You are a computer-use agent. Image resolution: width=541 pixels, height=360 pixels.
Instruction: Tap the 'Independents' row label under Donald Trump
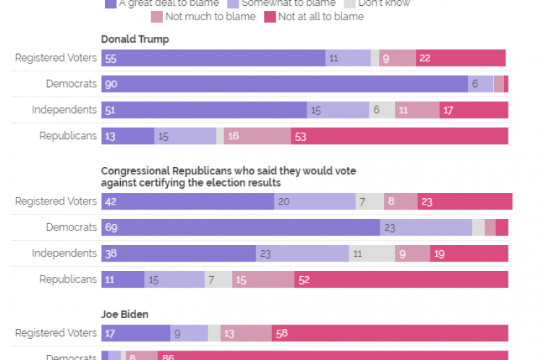click(x=64, y=110)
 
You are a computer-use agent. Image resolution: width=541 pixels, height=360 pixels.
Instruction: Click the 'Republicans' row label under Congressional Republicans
click(x=68, y=279)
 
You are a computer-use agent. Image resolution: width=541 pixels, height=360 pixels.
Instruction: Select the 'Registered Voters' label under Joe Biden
click(x=56, y=333)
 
